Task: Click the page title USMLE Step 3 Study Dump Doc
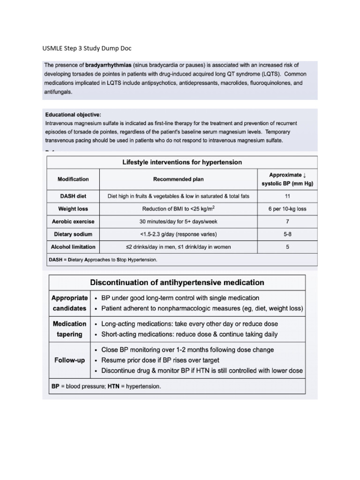point(88,48)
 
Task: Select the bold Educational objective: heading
point(73,114)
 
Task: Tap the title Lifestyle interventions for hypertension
point(182,162)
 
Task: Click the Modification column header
point(73,179)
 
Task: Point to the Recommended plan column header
point(178,179)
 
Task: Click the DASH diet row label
point(73,196)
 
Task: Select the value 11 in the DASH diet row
point(287,196)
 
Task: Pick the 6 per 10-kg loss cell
point(287,209)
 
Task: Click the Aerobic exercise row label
point(73,221)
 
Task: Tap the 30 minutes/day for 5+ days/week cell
point(178,221)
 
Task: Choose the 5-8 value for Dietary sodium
point(287,234)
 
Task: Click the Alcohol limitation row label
point(73,247)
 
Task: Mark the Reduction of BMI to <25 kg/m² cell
point(178,209)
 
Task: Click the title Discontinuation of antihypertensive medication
point(177,283)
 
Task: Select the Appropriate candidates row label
point(69,303)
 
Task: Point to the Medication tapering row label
point(69,329)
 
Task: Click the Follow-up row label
point(69,360)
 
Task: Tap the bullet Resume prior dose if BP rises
point(160,360)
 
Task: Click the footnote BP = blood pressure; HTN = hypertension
point(106,387)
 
